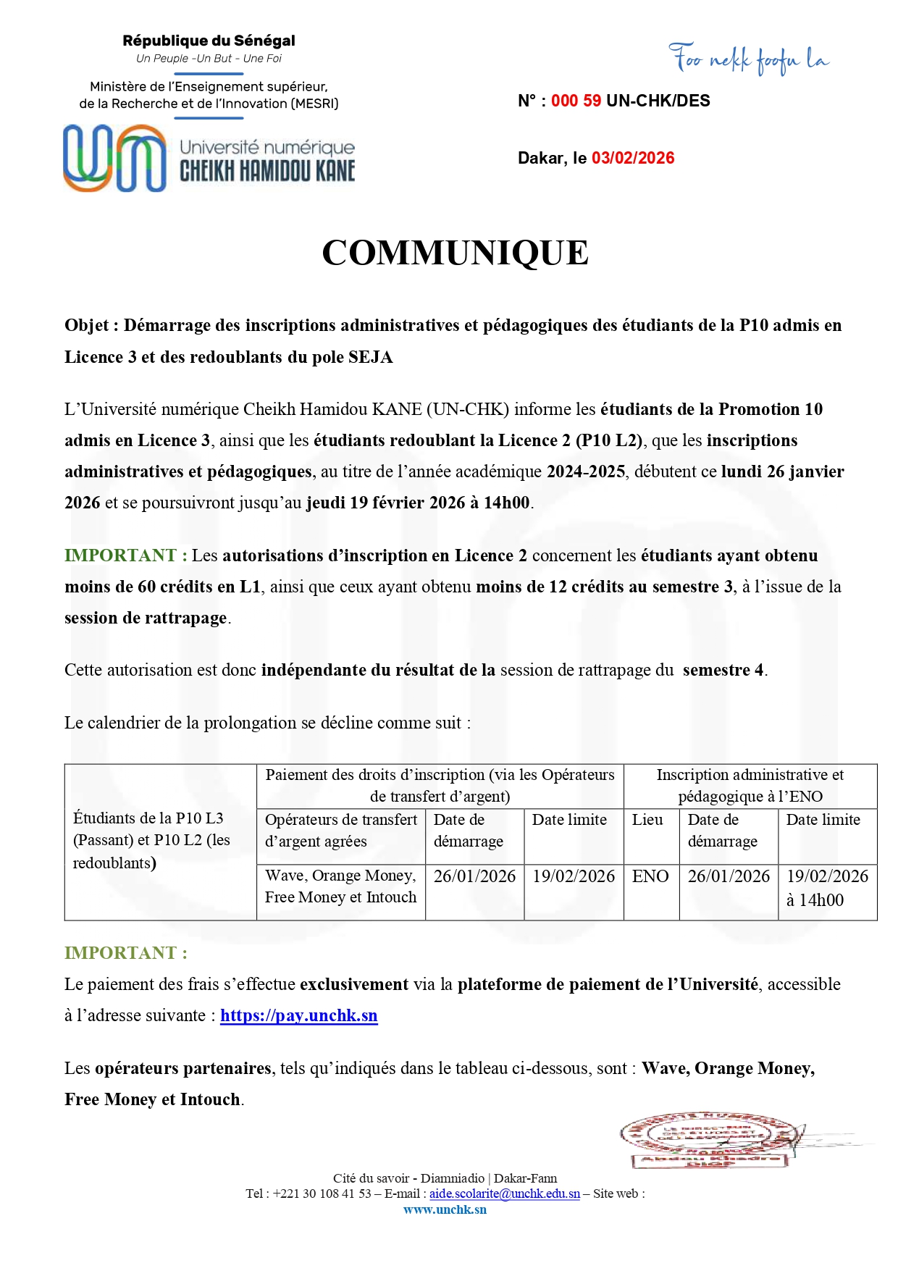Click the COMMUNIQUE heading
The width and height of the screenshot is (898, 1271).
[x=455, y=253]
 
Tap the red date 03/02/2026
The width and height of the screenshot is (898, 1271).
[x=633, y=158]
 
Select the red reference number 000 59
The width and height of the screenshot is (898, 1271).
[x=576, y=101]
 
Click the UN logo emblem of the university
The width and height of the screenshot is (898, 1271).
[x=114, y=158]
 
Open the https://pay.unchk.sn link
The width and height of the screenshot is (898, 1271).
[x=298, y=1015]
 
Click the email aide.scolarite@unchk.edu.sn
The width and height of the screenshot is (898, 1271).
[x=505, y=1194]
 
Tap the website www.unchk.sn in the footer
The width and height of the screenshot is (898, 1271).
[x=445, y=1209]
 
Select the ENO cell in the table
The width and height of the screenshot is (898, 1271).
[x=650, y=876]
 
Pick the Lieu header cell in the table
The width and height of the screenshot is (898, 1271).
[x=647, y=820]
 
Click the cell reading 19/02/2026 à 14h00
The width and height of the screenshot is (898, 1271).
[x=827, y=888]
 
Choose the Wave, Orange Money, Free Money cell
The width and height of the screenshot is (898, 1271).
[x=340, y=886]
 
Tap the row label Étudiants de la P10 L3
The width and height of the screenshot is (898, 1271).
[x=148, y=818]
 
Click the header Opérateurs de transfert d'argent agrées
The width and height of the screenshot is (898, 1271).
[x=340, y=830]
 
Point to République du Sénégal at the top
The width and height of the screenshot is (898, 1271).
[x=209, y=41]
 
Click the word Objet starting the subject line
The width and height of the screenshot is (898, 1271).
[x=86, y=325]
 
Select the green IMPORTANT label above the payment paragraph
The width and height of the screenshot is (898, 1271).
[x=125, y=952]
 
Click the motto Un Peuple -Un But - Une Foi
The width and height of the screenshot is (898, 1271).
[x=209, y=59]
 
